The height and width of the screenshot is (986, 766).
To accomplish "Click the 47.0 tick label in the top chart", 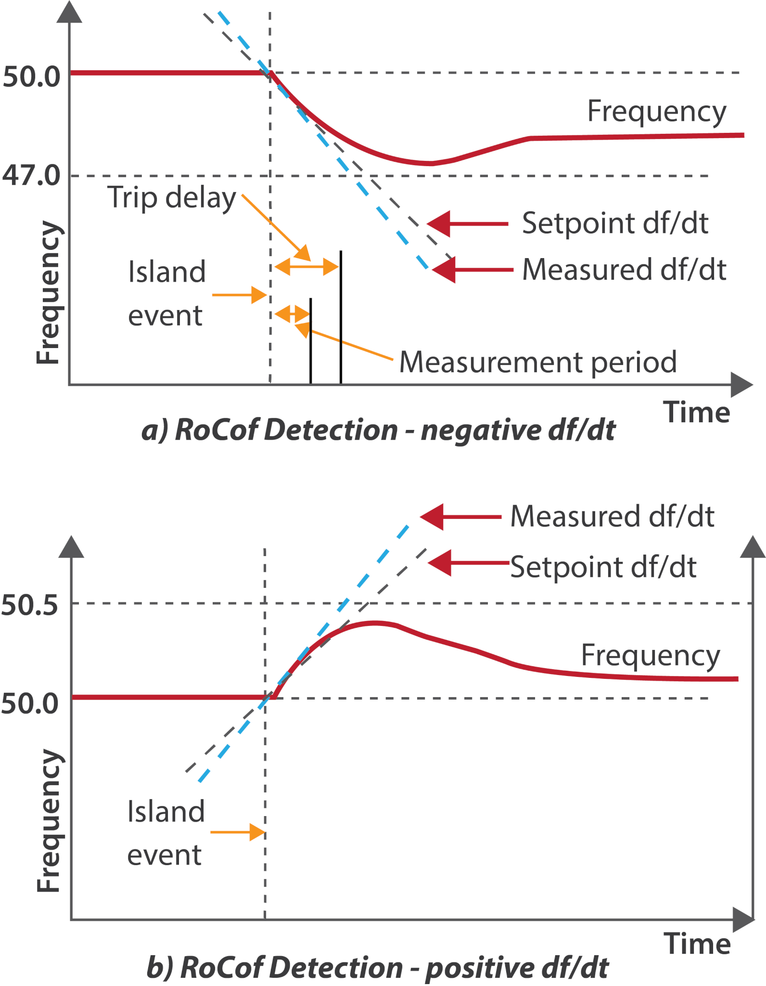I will click(x=32, y=175).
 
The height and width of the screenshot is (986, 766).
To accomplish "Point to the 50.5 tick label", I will click(x=30, y=605).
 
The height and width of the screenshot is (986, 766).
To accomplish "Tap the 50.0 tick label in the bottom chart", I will click(x=30, y=703).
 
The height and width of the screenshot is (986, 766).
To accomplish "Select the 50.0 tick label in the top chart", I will click(x=32, y=77).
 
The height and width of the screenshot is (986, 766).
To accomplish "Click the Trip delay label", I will click(x=172, y=197).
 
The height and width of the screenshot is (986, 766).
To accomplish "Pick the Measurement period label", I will click(x=538, y=362).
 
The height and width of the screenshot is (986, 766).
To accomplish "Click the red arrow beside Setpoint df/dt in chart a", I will click(x=467, y=224).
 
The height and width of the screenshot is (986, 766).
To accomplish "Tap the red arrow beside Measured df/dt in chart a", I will click(x=472, y=270).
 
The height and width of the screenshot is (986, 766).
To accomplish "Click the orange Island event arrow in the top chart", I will click(x=240, y=295).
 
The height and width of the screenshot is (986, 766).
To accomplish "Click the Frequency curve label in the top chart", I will click(x=657, y=112).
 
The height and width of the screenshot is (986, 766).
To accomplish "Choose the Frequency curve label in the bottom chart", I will click(x=651, y=656).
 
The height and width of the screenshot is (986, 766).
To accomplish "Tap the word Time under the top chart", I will click(x=697, y=413).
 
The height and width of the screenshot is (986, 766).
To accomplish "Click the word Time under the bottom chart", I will click(x=697, y=943).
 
